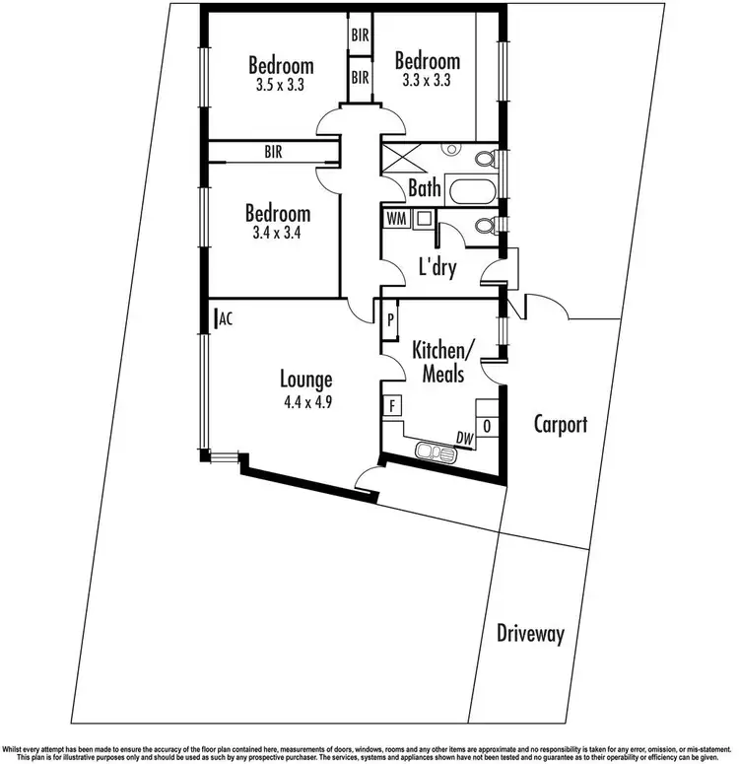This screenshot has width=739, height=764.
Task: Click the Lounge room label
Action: tap(305, 379)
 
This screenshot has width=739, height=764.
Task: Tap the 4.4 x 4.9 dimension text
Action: tap(305, 401)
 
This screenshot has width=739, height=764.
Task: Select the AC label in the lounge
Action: tap(225, 317)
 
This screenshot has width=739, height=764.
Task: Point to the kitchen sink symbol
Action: tap(436, 452)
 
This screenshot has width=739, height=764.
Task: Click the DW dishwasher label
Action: tap(463, 439)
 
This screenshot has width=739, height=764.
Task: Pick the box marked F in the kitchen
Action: tap(392, 405)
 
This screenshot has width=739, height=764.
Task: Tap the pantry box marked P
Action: tap(390, 319)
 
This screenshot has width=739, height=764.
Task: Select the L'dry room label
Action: tap(437, 267)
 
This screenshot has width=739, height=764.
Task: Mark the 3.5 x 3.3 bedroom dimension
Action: tap(281, 85)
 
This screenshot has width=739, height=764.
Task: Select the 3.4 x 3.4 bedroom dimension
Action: tap(277, 234)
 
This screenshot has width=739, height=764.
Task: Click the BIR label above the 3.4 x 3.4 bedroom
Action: tap(275, 152)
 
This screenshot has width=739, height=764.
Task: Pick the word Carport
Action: tap(561, 425)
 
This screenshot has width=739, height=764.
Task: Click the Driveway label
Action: tap(530, 633)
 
